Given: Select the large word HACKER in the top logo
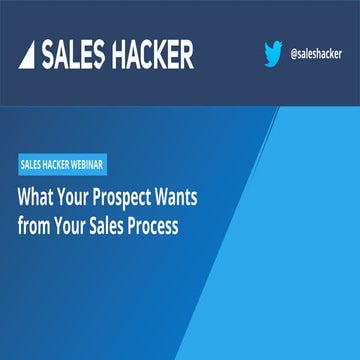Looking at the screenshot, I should pyautogui.click(x=149, y=53).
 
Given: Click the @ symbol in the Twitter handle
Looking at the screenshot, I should pyautogui.click(x=293, y=53).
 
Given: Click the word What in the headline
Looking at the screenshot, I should pyautogui.click(x=37, y=197).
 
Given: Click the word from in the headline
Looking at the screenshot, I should pyautogui.click(x=34, y=226).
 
